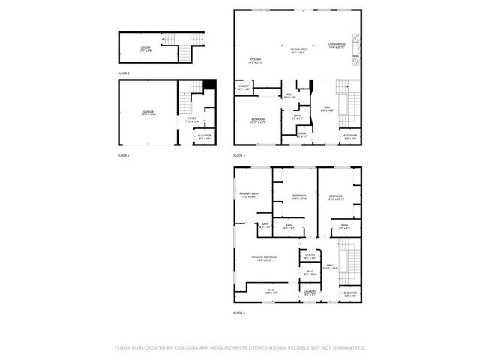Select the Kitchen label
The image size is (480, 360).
255,60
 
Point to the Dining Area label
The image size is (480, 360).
298,49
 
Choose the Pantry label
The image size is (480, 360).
244,87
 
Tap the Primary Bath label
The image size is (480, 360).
249,194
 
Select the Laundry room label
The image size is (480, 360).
310,292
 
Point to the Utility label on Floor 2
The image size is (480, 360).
145,48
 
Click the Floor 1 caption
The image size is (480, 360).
124,155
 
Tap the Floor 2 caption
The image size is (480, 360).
124,73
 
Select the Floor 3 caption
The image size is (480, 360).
239,155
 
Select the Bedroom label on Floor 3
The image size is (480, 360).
257,120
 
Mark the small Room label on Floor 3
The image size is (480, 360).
301,136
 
